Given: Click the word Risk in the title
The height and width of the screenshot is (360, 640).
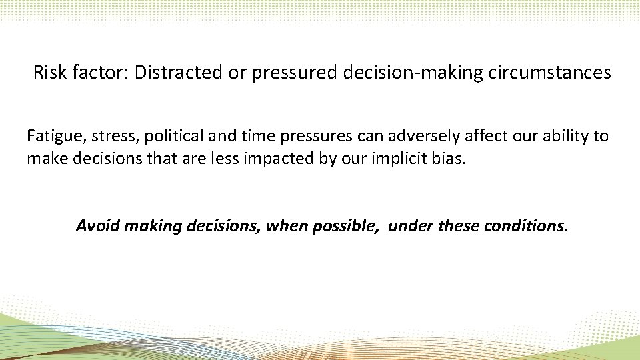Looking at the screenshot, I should point(47,73).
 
